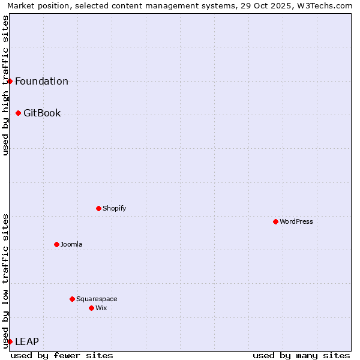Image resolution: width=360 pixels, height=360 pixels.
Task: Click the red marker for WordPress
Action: point(275,221)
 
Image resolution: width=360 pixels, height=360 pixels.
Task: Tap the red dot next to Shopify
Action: point(98,208)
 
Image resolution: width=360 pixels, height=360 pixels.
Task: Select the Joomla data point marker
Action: point(56,244)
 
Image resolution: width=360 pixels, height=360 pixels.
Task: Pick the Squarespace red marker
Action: point(72,299)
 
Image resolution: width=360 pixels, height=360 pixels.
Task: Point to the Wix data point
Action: point(91,308)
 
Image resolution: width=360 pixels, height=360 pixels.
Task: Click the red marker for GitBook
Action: point(18,113)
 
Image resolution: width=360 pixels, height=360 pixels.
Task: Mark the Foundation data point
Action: point(10,81)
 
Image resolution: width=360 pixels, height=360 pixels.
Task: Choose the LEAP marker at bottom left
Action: point(10,341)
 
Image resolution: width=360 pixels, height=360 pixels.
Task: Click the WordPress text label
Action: point(296,221)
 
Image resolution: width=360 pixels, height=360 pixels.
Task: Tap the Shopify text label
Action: point(114,208)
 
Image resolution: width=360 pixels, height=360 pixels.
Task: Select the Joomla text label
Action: point(71,244)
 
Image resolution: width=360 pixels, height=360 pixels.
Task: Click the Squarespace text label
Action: point(97,299)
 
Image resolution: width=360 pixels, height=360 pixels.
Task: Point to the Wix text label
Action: point(101,308)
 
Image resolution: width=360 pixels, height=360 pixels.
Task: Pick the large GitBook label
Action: point(42,113)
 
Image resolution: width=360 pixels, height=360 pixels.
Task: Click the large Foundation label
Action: point(41,81)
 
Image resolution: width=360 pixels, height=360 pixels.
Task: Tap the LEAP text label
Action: point(27,341)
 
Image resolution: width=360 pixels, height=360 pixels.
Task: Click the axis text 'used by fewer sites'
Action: point(62,355)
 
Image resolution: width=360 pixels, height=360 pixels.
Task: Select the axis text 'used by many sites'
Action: point(301,355)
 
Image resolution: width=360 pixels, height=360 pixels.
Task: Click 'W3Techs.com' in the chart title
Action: point(324,6)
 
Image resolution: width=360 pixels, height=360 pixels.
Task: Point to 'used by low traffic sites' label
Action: point(6,280)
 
